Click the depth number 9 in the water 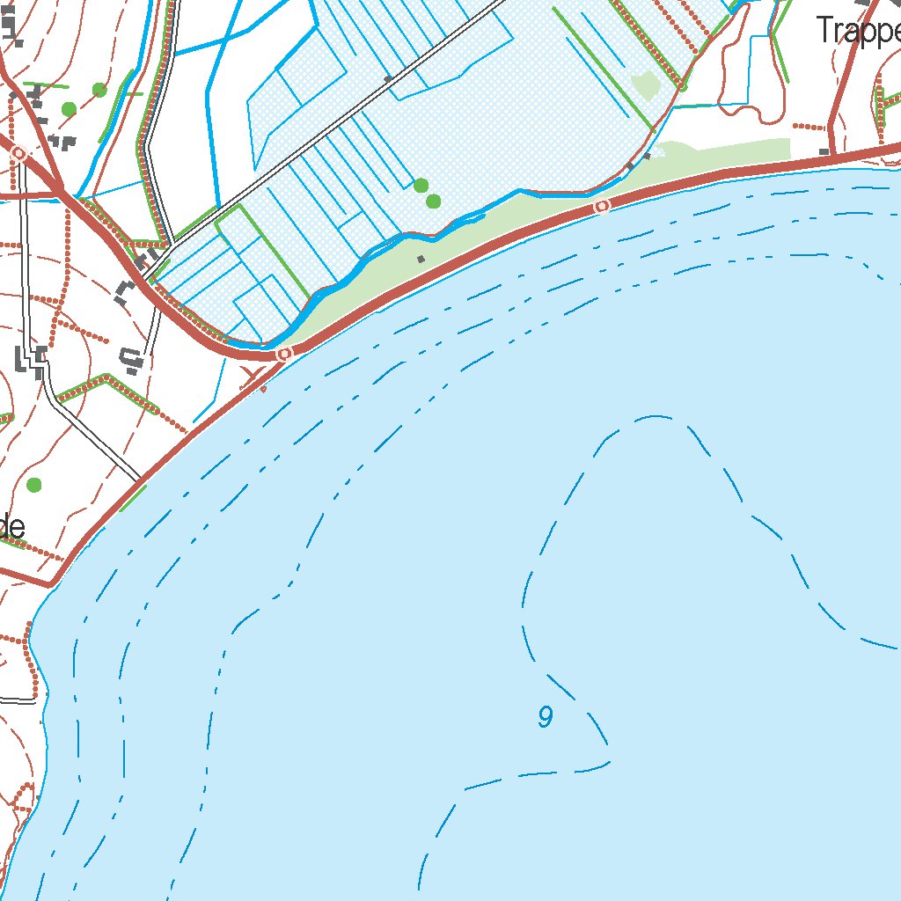(x=546, y=718)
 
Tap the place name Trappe (x=858, y=31)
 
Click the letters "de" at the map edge (x=11, y=527)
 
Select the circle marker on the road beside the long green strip (x=602, y=206)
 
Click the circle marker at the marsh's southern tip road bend (x=283, y=354)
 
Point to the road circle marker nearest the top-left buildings (x=18, y=153)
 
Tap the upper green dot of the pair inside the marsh (x=421, y=185)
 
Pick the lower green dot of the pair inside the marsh (x=433, y=201)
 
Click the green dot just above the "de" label (x=34, y=485)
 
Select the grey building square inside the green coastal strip (x=421, y=259)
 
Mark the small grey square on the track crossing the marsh (x=387, y=79)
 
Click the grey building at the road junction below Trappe (x=824, y=152)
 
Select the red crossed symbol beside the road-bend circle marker (x=257, y=380)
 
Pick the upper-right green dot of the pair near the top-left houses (x=99, y=90)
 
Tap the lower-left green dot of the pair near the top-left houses (x=69, y=109)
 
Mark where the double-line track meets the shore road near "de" (x=141, y=480)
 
